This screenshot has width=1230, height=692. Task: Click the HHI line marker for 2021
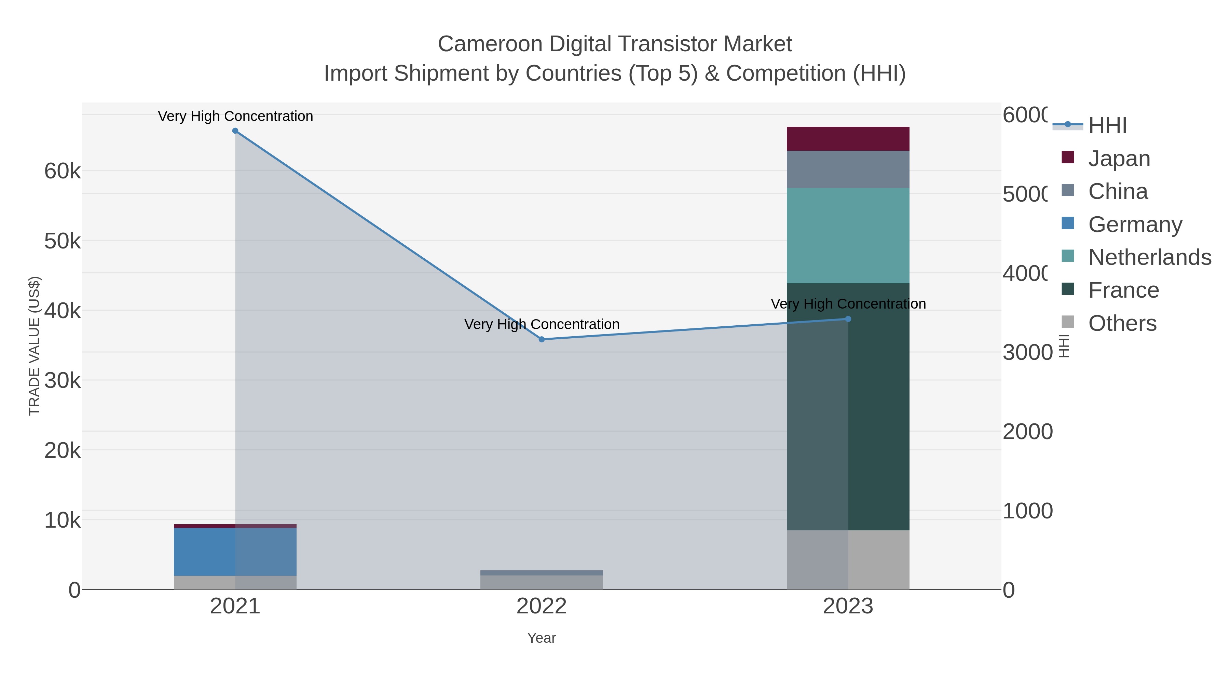(235, 131)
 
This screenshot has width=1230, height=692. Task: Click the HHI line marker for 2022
(542, 340)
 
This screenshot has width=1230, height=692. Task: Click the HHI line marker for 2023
(848, 319)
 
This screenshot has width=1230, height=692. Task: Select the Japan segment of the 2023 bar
(848, 139)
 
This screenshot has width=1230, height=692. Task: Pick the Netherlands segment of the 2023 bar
(848, 235)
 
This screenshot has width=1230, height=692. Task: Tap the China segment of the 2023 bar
(848, 169)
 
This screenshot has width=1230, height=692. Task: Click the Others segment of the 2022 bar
(542, 582)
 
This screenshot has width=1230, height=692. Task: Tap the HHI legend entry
(1107, 126)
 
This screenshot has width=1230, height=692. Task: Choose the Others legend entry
(1122, 323)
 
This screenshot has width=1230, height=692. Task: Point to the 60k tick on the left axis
(63, 171)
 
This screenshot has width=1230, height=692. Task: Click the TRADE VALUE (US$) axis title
(35, 346)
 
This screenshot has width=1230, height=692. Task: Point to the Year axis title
(542, 638)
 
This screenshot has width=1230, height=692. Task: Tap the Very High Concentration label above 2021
(235, 116)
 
